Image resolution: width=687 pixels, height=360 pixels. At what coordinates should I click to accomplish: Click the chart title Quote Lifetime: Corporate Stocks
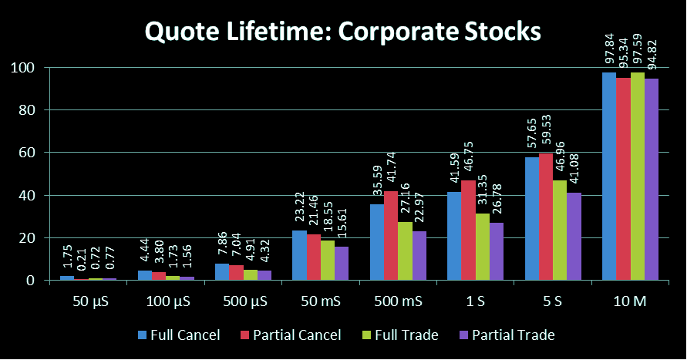tap(343, 32)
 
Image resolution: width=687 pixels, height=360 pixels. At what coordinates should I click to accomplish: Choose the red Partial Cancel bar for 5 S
tap(545, 217)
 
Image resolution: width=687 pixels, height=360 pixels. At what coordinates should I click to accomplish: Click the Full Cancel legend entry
tap(180, 335)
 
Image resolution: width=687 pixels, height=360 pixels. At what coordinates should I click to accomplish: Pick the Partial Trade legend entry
tap(506, 335)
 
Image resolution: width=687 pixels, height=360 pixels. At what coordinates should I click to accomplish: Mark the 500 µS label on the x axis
tap(243, 302)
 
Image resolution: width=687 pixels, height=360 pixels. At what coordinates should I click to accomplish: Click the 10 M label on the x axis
tap(630, 302)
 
